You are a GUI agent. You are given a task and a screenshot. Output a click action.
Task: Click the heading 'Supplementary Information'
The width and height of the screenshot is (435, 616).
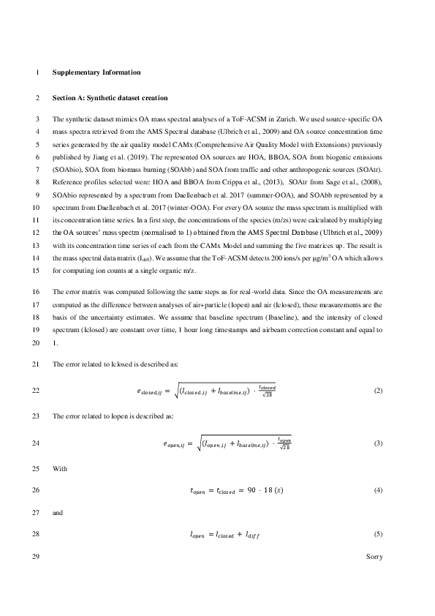[x=97, y=72]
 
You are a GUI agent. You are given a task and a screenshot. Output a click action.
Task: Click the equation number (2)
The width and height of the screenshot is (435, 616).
[x=378, y=391]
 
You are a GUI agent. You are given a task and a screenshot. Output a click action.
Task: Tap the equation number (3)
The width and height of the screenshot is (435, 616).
[x=378, y=443]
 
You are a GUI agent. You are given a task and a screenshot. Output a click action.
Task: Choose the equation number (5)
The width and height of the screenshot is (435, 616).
[x=378, y=536]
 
